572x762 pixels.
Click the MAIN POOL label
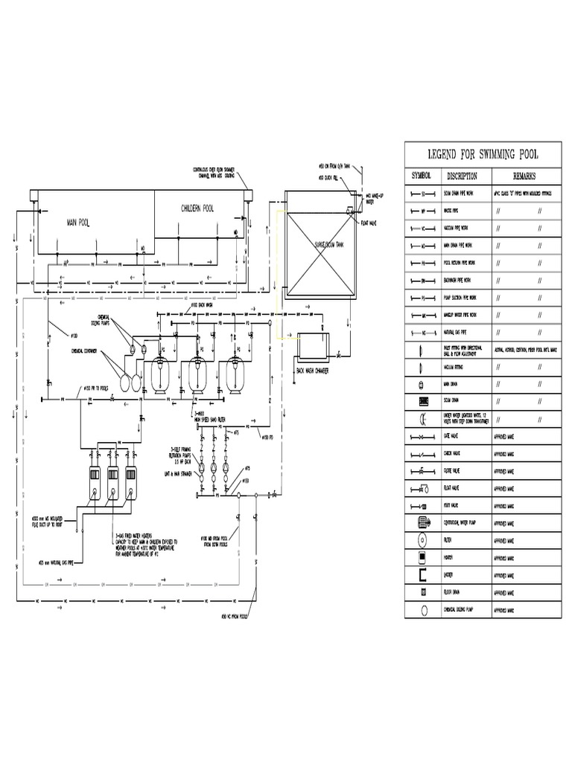(x=77, y=222)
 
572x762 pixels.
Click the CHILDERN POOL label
(x=197, y=209)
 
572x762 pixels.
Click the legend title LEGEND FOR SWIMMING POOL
(x=483, y=155)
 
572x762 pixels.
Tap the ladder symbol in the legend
(x=422, y=574)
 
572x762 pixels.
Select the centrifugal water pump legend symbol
(x=422, y=522)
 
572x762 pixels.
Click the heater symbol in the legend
(x=422, y=557)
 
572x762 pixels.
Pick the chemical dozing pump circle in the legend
(x=422, y=609)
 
